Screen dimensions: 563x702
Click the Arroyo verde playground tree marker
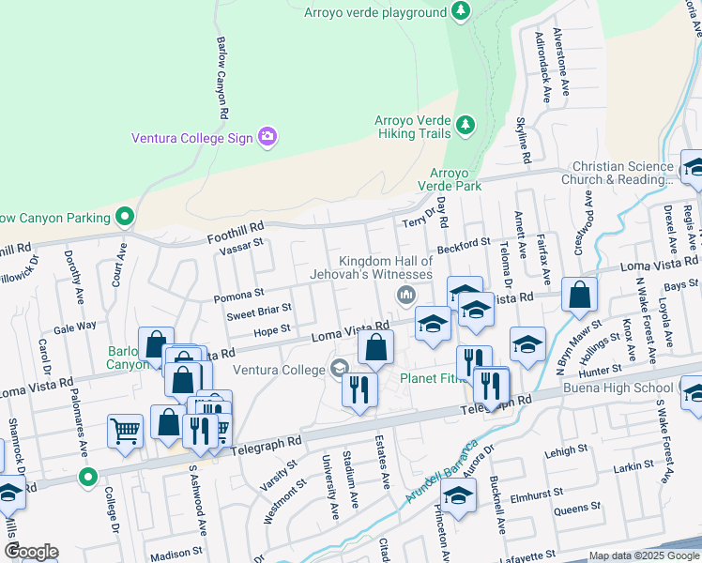460,11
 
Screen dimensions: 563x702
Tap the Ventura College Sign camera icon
267,138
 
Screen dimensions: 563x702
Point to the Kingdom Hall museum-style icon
406,296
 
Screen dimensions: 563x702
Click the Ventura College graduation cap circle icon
339,368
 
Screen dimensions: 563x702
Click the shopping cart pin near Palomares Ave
125,432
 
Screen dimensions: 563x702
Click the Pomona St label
238,296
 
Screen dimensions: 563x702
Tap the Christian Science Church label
618,173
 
